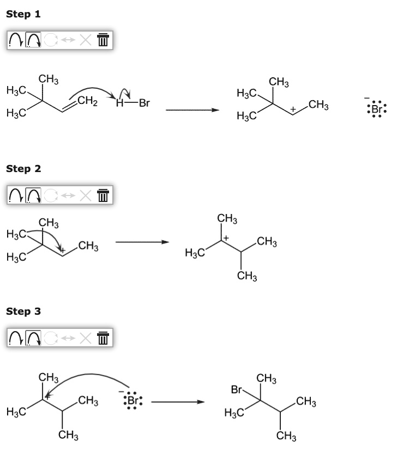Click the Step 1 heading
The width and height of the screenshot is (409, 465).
point(23,14)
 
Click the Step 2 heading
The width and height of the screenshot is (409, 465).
point(23,168)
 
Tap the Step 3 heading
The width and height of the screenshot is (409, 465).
point(23,311)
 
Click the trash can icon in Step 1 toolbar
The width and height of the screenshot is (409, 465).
point(103,40)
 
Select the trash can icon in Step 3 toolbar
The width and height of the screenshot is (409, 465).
point(103,338)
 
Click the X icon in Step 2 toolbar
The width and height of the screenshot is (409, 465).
point(86,195)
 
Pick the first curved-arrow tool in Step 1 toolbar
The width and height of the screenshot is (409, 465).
point(16,40)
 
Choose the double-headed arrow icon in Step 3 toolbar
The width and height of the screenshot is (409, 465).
point(68,338)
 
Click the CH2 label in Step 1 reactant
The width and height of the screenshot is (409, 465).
point(87,101)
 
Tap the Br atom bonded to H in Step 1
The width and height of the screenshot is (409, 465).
point(145,103)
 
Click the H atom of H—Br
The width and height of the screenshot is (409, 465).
point(119,103)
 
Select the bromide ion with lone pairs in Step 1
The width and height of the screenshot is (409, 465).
point(376,109)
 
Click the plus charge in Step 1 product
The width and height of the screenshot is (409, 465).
point(293,109)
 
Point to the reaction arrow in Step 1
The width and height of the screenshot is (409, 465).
point(193,110)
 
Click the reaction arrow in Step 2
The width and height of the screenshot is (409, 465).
point(142,242)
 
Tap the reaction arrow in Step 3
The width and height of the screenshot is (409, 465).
point(178,402)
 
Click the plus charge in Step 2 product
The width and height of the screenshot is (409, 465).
point(226,238)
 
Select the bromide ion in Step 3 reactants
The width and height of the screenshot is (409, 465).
point(133,400)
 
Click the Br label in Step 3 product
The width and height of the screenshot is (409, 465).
point(237,389)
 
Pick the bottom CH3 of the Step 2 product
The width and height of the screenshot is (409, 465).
point(247,276)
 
